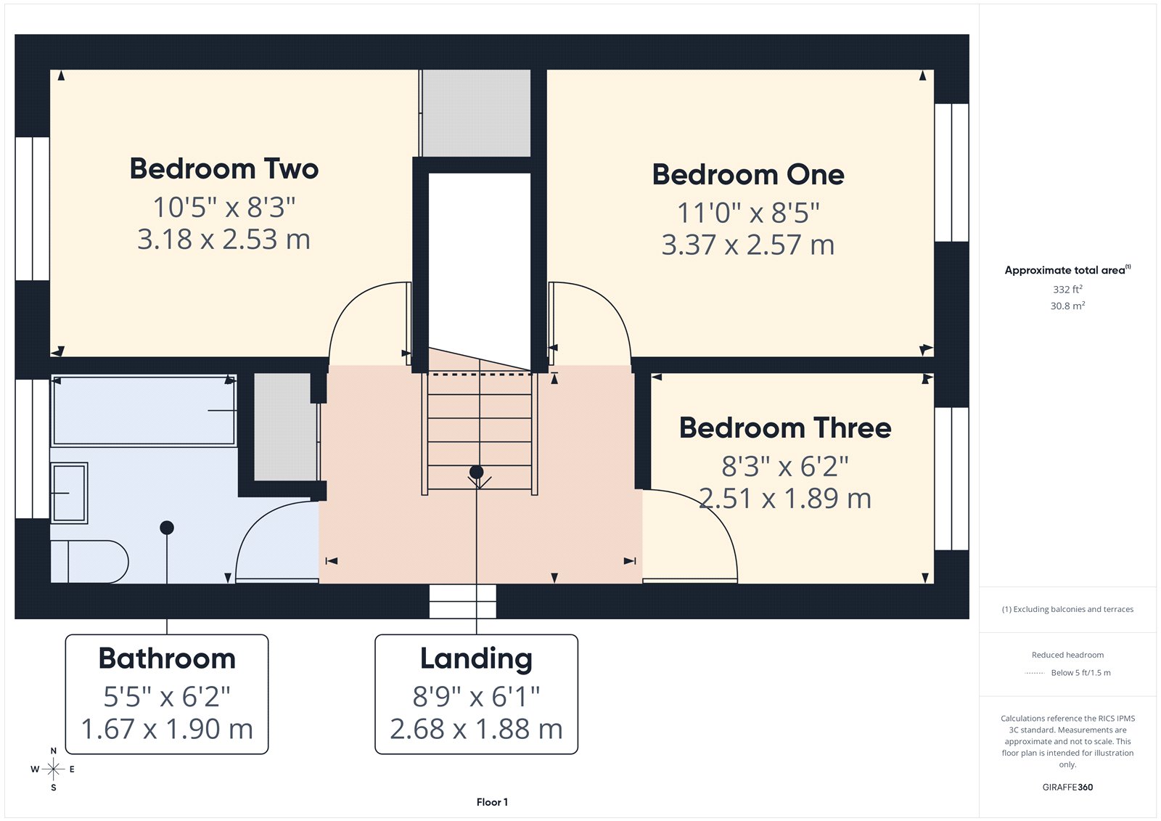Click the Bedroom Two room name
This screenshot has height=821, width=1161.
click(x=224, y=169)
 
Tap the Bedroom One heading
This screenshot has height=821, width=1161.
click(x=748, y=175)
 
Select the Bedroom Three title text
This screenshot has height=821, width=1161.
click(x=784, y=428)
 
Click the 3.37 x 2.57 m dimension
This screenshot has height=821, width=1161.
click(x=747, y=245)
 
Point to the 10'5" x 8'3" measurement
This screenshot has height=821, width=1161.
click(x=224, y=208)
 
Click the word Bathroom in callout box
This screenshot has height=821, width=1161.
click(x=167, y=658)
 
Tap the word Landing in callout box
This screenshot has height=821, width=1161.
click(x=476, y=658)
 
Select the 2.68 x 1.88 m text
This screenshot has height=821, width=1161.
click(x=476, y=729)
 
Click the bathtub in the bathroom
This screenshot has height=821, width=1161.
click(x=144, y=411)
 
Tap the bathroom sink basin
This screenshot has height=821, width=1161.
click(x=69, y=493)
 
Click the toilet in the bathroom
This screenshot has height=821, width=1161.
click(x=91, y=561)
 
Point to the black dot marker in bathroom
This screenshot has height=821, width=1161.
click(x=167, y=528)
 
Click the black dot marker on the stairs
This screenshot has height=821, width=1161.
click(x=476, y=473)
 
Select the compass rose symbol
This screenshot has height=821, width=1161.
click(x=53, y=769)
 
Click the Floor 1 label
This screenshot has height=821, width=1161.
click(x=492, y=802)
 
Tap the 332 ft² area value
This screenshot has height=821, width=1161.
click(x=1067, y=289)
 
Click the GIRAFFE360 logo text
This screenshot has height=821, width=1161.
click(x=1067, y=787)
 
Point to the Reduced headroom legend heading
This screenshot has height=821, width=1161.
click(x=1067, y=655)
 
